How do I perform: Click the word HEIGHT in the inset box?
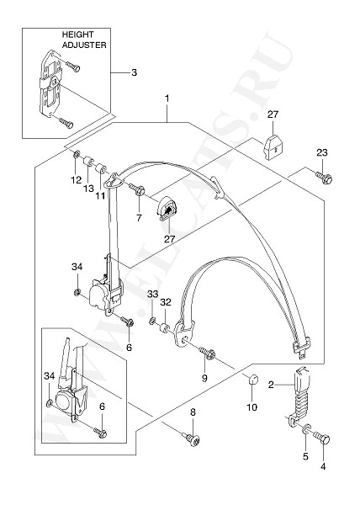coord(77,35)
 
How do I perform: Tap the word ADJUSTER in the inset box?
coord(84,45)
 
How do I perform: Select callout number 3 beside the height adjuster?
coord(134,72)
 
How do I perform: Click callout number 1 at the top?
coord(167,98)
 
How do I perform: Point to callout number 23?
coord(322,152)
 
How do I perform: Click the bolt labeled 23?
coord(324,178)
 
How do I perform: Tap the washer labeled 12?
coord(77,155)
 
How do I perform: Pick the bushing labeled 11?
coord(101,168)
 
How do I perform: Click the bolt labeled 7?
coord(137,189)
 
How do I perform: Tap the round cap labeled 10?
coord(254,379)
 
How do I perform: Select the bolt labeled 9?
coord(207,353)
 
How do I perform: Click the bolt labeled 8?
coord(192,439)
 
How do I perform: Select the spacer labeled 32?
coord(165,329)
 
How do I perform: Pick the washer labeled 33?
coord(152,321)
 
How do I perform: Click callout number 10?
coord(251,407)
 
